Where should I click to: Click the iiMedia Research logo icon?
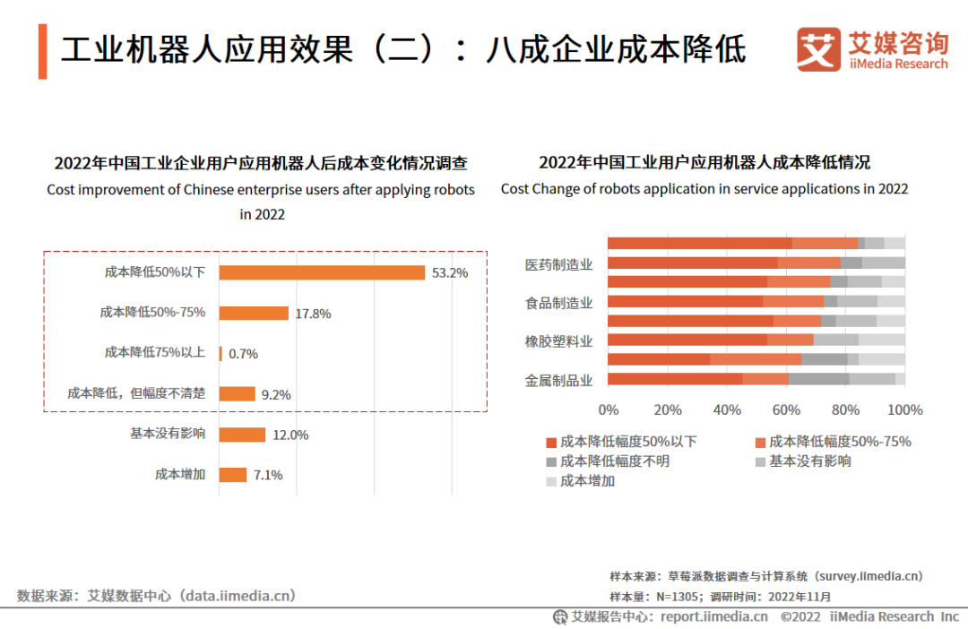[x=818, y=50]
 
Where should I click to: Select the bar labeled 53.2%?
[x=322, y=272]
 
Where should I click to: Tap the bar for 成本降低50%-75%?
[x=254, y=313]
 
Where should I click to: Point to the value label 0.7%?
[x=243, y=354]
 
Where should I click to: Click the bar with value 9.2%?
[x=238, y=393]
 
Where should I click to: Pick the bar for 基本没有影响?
[x=242, y=435]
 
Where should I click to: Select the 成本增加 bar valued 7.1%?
[x=233, y=475]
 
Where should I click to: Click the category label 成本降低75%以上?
[x=154, y=352]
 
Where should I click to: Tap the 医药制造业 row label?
[x=558, y=264]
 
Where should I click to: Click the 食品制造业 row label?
[x=558, y=303]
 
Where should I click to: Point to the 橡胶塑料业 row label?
[x=558, y=341]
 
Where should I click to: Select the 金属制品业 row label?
[x=558, y=380]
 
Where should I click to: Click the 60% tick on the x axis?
[x=786, y=410]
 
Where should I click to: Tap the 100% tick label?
[x=904, y=410]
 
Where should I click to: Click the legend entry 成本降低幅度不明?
[x=614, y=461]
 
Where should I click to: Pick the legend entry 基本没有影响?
[x=809, y=461]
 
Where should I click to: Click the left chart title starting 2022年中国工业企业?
[x=261, y=163]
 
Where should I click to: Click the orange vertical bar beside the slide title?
[x=42, y=52]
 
